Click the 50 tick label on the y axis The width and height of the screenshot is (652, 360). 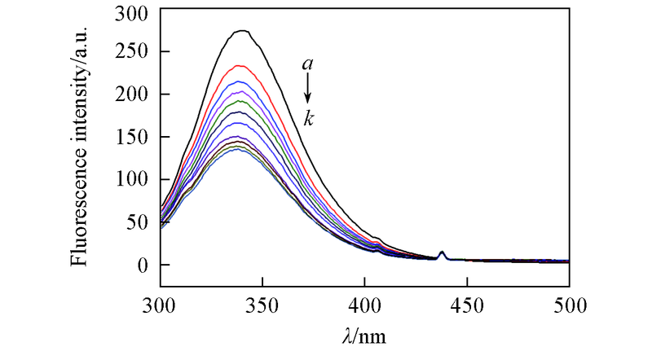click(x=139, y=222)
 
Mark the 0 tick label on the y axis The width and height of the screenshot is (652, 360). click(x=145, y=265)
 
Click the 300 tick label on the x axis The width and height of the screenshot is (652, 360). click(x=161, y=306)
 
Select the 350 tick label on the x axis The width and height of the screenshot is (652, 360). click(x=262, y=306)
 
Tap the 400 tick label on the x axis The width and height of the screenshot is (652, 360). click(x=364, y=306)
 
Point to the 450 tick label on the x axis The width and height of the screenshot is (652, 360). click(x=467, y=306)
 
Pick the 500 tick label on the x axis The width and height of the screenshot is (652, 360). click(x=569, y=306)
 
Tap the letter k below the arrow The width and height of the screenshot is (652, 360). click(x=309, y=119)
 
